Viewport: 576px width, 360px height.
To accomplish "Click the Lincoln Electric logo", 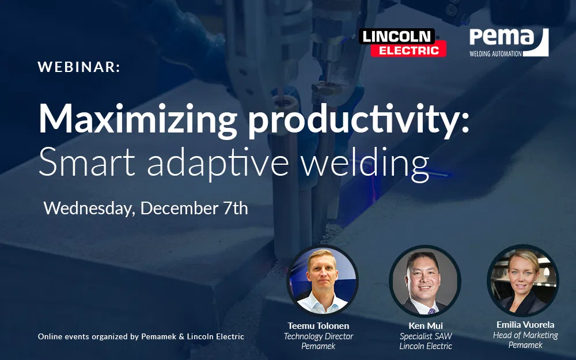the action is click(403, 43).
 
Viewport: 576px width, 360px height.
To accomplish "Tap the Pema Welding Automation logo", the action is click(509, 43).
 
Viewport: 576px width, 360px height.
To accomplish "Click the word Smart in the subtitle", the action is click(87, 162).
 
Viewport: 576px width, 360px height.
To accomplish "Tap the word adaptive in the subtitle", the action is click(218, 164).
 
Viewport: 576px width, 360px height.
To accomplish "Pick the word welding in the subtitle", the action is click(365, 164).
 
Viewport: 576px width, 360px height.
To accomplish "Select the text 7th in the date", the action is click(236, 208).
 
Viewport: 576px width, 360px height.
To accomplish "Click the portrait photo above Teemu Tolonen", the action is click(322, 281).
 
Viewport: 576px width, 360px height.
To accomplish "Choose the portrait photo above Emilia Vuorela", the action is click(523, 281).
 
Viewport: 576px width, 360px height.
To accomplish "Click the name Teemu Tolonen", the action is click(319, 326).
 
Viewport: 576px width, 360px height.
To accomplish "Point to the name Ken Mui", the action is click(426, 326).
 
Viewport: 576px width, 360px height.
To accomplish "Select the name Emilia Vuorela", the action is click(525, 325).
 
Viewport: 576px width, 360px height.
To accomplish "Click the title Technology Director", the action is click(319, 336).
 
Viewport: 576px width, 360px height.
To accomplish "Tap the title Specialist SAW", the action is click(426, 336).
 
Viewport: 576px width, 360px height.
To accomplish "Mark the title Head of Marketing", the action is click(525, 335).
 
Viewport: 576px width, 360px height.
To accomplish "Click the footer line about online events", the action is click(141, 336).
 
